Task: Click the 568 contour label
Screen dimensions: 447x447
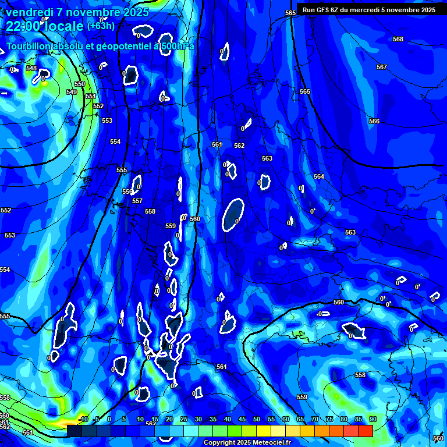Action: tap(398, 39)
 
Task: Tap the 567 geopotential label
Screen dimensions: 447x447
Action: tap(382, 67)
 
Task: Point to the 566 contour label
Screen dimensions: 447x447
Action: tap(374, 121)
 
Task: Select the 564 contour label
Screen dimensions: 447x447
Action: tap(319, 176)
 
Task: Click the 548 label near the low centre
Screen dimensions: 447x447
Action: tap(31, 68)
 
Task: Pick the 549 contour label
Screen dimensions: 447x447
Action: tap(72, 92)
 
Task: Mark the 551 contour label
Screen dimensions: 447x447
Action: tap(90, 97)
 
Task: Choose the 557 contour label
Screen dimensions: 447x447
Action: tap(137, 201)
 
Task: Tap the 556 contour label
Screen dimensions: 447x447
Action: tap(127, 191)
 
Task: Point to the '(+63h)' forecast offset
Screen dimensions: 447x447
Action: tap(101, 26)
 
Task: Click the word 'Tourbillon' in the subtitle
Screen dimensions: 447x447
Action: tap(30, 46)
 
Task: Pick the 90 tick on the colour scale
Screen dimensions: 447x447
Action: tap(372, 419)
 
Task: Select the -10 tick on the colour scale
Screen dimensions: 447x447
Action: tap(83, 419)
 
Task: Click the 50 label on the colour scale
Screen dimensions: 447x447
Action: tap(257, 419)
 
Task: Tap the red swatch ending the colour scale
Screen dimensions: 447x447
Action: tap(365, 431)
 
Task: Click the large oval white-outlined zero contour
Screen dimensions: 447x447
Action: tap(233, 215)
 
